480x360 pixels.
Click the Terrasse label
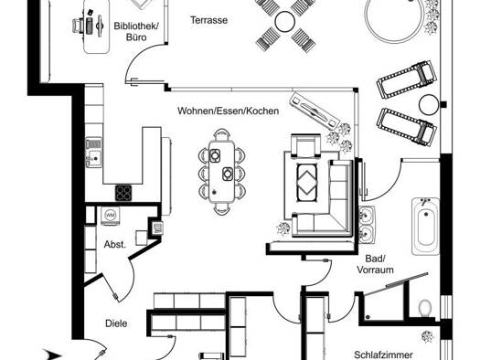click(209, 20)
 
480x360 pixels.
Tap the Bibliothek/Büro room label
click(136, 31)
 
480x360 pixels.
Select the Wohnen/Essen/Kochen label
click(228, 111)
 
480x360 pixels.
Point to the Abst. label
click(115, 244)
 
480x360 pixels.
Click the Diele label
click(116, 323)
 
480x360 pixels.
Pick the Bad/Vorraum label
click(375, 264)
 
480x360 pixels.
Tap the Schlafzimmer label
click(383, 355)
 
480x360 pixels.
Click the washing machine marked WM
click(111, 216)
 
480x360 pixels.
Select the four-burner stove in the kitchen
click(123, 193)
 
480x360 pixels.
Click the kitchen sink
click(93, 153)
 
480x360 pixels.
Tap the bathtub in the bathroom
click(425, 227)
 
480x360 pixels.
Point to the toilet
click(424, 308)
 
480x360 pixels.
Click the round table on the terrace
click(285, 21)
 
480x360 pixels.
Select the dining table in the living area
click(221, 172)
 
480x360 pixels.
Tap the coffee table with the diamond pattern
click(306, 183)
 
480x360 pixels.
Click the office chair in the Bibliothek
click(79, 25)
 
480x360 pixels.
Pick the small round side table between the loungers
click(429, 104)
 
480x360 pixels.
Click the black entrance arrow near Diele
click(52, 355)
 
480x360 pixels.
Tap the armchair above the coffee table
click(305, 146)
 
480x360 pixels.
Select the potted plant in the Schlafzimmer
click(427, 336)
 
